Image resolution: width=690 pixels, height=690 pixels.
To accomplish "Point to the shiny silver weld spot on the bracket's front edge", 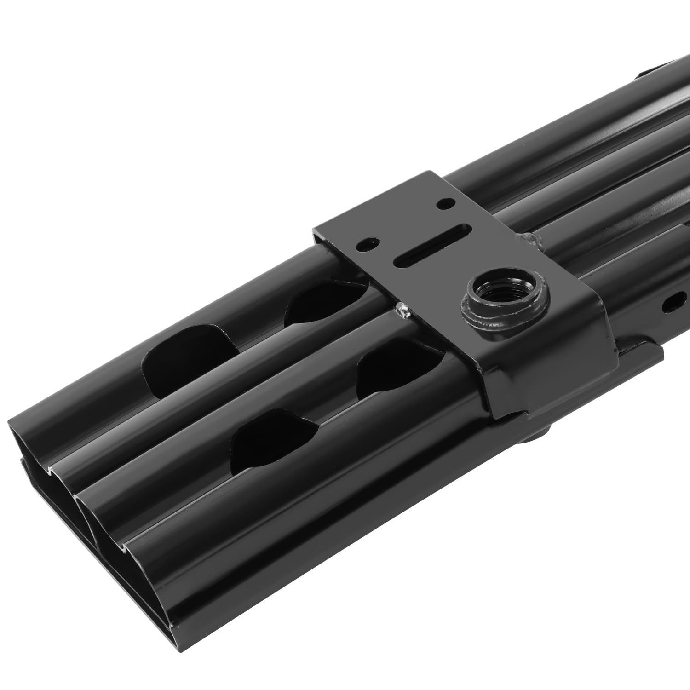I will (403, 311).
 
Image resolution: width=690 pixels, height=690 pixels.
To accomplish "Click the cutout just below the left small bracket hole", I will (322, 301).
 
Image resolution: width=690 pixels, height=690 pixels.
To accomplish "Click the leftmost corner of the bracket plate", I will (314, 233).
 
